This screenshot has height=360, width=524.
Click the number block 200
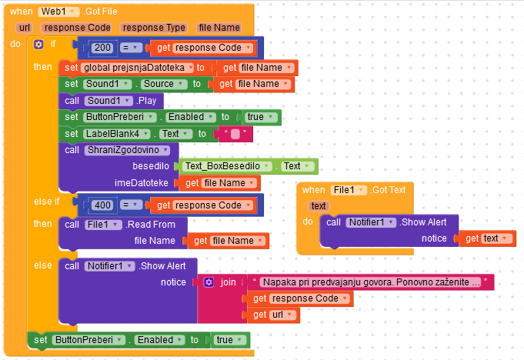(x=102, y=48)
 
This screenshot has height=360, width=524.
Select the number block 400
(x=102, y=205)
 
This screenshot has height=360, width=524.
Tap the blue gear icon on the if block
(x=38, y=45)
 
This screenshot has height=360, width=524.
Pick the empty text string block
(x=235, y=134)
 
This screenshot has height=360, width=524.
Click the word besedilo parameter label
(x=152, y=166)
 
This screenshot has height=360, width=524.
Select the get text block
(x=489, y=238)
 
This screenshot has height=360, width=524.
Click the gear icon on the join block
(x=209, y=282)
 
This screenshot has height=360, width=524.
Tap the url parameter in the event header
(x=24, y=28)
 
